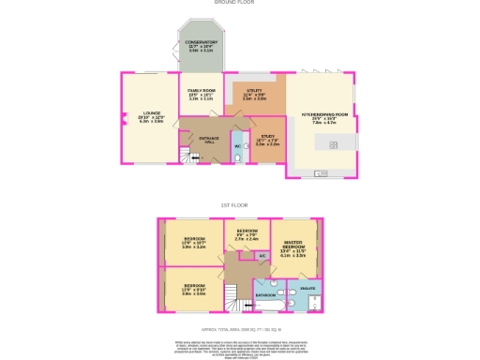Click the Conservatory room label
tap(202, 43)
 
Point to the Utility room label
tap(254, 95)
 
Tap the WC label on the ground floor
tap(236, 146)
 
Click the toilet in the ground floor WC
tap(236, 158)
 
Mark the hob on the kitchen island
tap(334, 143)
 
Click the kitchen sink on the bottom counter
tap(321, 173)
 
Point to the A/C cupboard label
tap(262, 255)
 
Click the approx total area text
tap(242, 330)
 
